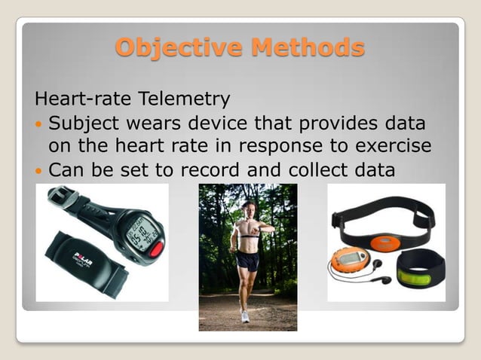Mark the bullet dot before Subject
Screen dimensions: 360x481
point(39,124)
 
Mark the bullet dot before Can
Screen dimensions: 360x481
point(39,172)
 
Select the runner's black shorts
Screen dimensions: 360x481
point(247,261)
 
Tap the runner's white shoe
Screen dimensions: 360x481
point(245,316)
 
